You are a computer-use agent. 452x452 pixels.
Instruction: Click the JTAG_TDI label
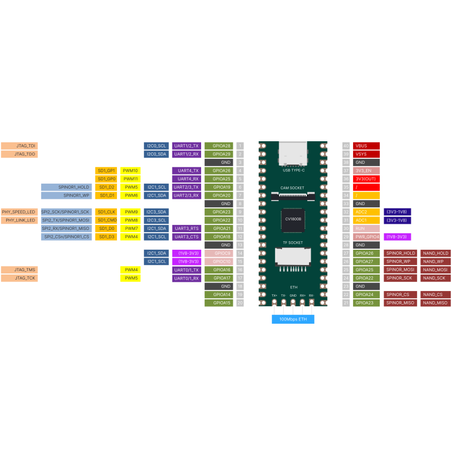pyautogui.click(x=19, y=146)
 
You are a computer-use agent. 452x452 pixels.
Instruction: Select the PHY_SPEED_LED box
pyautogui.click(x=19, y=212)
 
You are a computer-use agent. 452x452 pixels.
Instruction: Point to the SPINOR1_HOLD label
pyautogui.click(x=73, y=187)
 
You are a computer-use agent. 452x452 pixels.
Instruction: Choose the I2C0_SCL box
pyautogui.click(x=156, y=146)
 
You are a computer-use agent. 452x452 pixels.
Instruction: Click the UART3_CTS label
pyautogui.click(x=186, y=237)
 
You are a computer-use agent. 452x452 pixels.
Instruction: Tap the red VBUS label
pyautogui.click(x=366, y=146)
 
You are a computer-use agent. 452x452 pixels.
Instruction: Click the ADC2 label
pyautogui.click(x=366, y=212)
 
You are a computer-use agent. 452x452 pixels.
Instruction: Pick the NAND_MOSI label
pyautogui.click(x=436, y=270)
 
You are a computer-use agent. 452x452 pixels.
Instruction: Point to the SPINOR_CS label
pyautogui.click(x=401, y=294)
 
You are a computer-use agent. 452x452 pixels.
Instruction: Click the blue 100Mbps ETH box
pyautogui.click(x=293, y=319)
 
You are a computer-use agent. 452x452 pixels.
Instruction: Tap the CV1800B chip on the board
pyautogui.click(x=293, y=220)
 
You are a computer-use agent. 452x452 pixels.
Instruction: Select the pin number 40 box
pyautogui.click(x=346, y=146)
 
